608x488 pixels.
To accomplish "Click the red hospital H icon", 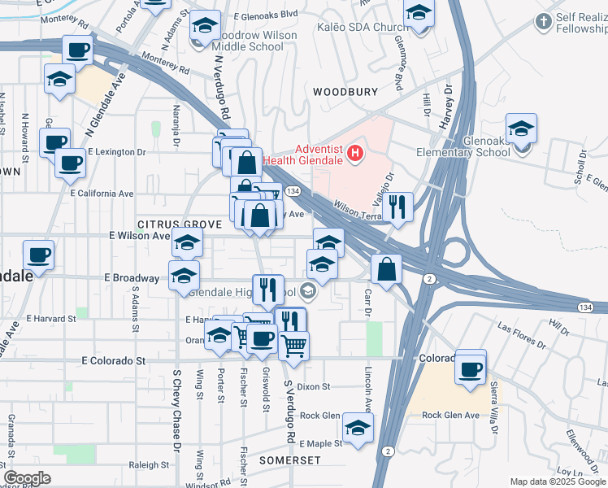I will (354, 152).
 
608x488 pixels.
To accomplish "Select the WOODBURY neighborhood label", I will (345, 92).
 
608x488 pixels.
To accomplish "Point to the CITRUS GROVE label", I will (180, 224).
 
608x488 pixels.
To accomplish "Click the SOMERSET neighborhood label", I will (290, 460).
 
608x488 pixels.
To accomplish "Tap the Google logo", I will (27, 477).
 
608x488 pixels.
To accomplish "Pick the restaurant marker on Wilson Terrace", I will (397, 206).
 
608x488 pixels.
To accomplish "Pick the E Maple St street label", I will (321, 444).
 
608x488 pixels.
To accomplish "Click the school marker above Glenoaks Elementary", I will (521, 129).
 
